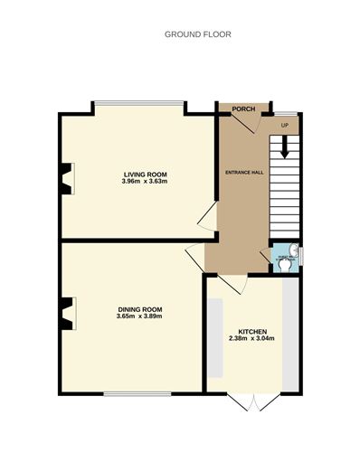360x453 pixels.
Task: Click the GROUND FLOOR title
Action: click(x=197, y=34)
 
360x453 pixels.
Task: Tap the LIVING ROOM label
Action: click(x=146, y=174)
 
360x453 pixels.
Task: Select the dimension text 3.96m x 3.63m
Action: click(x=146, y=182)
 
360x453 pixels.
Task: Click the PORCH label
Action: click(x=242, y=109)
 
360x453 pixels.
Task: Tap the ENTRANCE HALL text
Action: click(x=244, y=171)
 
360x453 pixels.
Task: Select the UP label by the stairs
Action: click(x=285, y=125)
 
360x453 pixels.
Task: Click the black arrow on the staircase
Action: click(x=285, y=145)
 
